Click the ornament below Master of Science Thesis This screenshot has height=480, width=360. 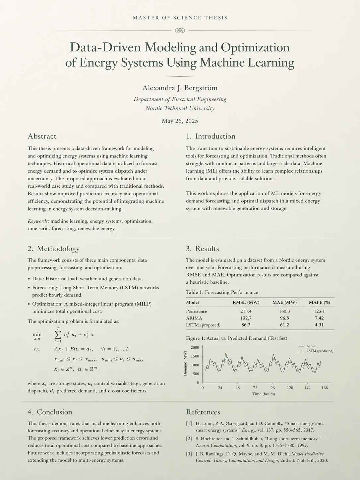pos(180,30)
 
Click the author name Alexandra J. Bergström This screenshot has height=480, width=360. pos(180,88)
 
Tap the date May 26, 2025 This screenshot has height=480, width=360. pos(180,121)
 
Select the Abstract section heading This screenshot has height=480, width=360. pos(42,136)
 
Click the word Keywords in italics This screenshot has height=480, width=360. pos(38,221)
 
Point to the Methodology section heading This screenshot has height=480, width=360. pos(53,249)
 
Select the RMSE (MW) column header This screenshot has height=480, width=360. pos(246,302)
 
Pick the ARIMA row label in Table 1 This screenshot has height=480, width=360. pos(194,318)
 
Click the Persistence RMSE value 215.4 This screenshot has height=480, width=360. pos(246,312)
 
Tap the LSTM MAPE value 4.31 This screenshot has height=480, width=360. pos(319,325)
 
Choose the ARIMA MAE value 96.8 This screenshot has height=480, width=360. pos(284,318)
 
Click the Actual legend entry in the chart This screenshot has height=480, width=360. pos(311,346)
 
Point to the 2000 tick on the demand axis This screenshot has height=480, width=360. pos(195,347)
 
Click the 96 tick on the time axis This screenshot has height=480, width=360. pos(272,388)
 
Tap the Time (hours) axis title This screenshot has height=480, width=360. pos(263,394)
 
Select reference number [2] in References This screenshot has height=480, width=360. pos(189,439)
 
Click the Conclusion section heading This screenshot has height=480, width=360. pos(50,412)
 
